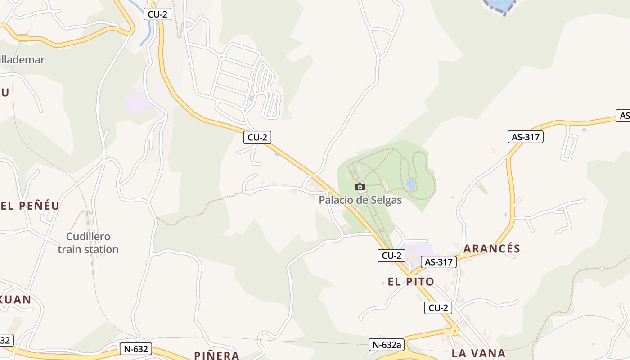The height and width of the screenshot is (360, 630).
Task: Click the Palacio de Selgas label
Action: [360, 200]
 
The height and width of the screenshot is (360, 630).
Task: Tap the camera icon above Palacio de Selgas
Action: [360, 187]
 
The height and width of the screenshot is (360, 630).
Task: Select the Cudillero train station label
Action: [88, 243]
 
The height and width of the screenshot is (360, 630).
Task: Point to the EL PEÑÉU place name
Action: [30, 206]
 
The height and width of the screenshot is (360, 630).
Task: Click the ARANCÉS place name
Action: [491, 249]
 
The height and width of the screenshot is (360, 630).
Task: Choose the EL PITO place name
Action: [411, 282]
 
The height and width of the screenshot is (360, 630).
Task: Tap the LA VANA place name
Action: [479, 353]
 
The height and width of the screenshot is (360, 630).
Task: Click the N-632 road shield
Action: [135, 349]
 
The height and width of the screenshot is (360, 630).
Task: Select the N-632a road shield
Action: [385, 345]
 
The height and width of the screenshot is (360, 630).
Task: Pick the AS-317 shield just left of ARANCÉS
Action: [438, 262]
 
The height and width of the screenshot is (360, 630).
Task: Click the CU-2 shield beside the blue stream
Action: [157, 14]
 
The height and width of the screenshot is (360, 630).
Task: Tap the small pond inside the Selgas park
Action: [411, 184]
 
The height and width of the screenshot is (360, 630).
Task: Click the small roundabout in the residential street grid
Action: [220, 58]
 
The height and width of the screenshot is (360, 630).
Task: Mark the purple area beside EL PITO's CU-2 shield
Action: [418, 250]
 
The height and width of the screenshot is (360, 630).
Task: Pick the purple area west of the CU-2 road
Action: [137, 103]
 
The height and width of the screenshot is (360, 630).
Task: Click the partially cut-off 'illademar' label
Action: [22, 59]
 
